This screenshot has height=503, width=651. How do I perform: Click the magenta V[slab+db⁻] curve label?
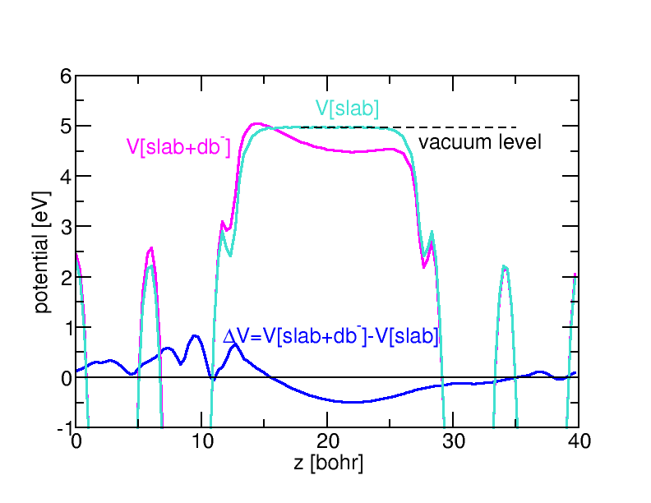click(178, 146)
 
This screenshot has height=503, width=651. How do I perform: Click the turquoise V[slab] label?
click(347, 108)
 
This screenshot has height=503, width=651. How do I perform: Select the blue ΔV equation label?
click(330, 336)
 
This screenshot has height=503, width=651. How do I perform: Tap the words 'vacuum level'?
click(480, 142)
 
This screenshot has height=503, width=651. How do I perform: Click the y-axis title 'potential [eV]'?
click(43, 251)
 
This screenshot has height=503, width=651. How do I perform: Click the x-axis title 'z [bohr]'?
click(328, 463)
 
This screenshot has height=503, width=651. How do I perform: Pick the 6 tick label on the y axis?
click(65, 76)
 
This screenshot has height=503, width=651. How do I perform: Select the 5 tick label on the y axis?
click(65, 127)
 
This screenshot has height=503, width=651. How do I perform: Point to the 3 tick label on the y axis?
click(65, 227)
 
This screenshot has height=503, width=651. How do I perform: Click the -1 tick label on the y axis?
click(62, 428)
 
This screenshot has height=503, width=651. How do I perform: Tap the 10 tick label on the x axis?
click(201, 442)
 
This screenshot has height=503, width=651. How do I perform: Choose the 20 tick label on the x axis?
click(327, 442)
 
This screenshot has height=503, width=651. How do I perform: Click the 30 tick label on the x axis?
click(453, 442)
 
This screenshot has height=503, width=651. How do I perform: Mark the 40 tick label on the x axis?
click(578, 442)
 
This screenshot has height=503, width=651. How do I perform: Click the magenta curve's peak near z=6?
click(151, 247)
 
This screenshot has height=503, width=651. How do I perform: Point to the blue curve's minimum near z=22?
click(353, 402)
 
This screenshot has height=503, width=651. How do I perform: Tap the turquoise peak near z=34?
click(504, 266)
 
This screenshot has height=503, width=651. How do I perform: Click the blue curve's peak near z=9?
click(195, 335)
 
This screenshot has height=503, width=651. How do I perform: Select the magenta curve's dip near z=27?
click(424, 266)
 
